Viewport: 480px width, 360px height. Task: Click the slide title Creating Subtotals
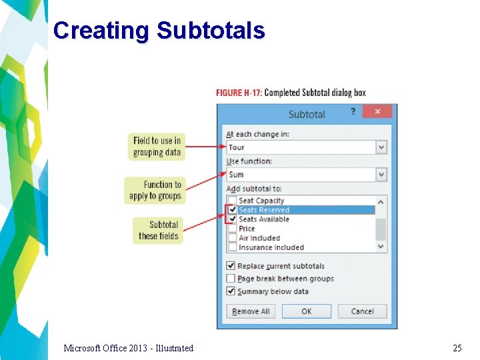159,31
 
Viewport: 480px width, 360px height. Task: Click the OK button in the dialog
306,311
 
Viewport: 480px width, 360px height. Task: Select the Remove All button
251,311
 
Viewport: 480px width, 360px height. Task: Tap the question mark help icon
353,113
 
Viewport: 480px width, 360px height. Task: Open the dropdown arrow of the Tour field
381,147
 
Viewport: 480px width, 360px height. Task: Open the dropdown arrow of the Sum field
381,175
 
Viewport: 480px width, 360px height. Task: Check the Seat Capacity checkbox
232,201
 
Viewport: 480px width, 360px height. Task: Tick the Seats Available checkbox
232,219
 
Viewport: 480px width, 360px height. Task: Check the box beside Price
232,229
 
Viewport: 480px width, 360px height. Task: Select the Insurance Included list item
271,247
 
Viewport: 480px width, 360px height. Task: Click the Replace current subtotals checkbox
231,266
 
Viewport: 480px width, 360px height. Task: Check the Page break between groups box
231,279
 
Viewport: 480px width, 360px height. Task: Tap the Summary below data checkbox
231,291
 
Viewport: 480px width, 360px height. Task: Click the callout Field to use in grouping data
157,147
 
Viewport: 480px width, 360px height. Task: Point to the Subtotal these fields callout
158,230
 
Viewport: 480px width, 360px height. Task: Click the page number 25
457,348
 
